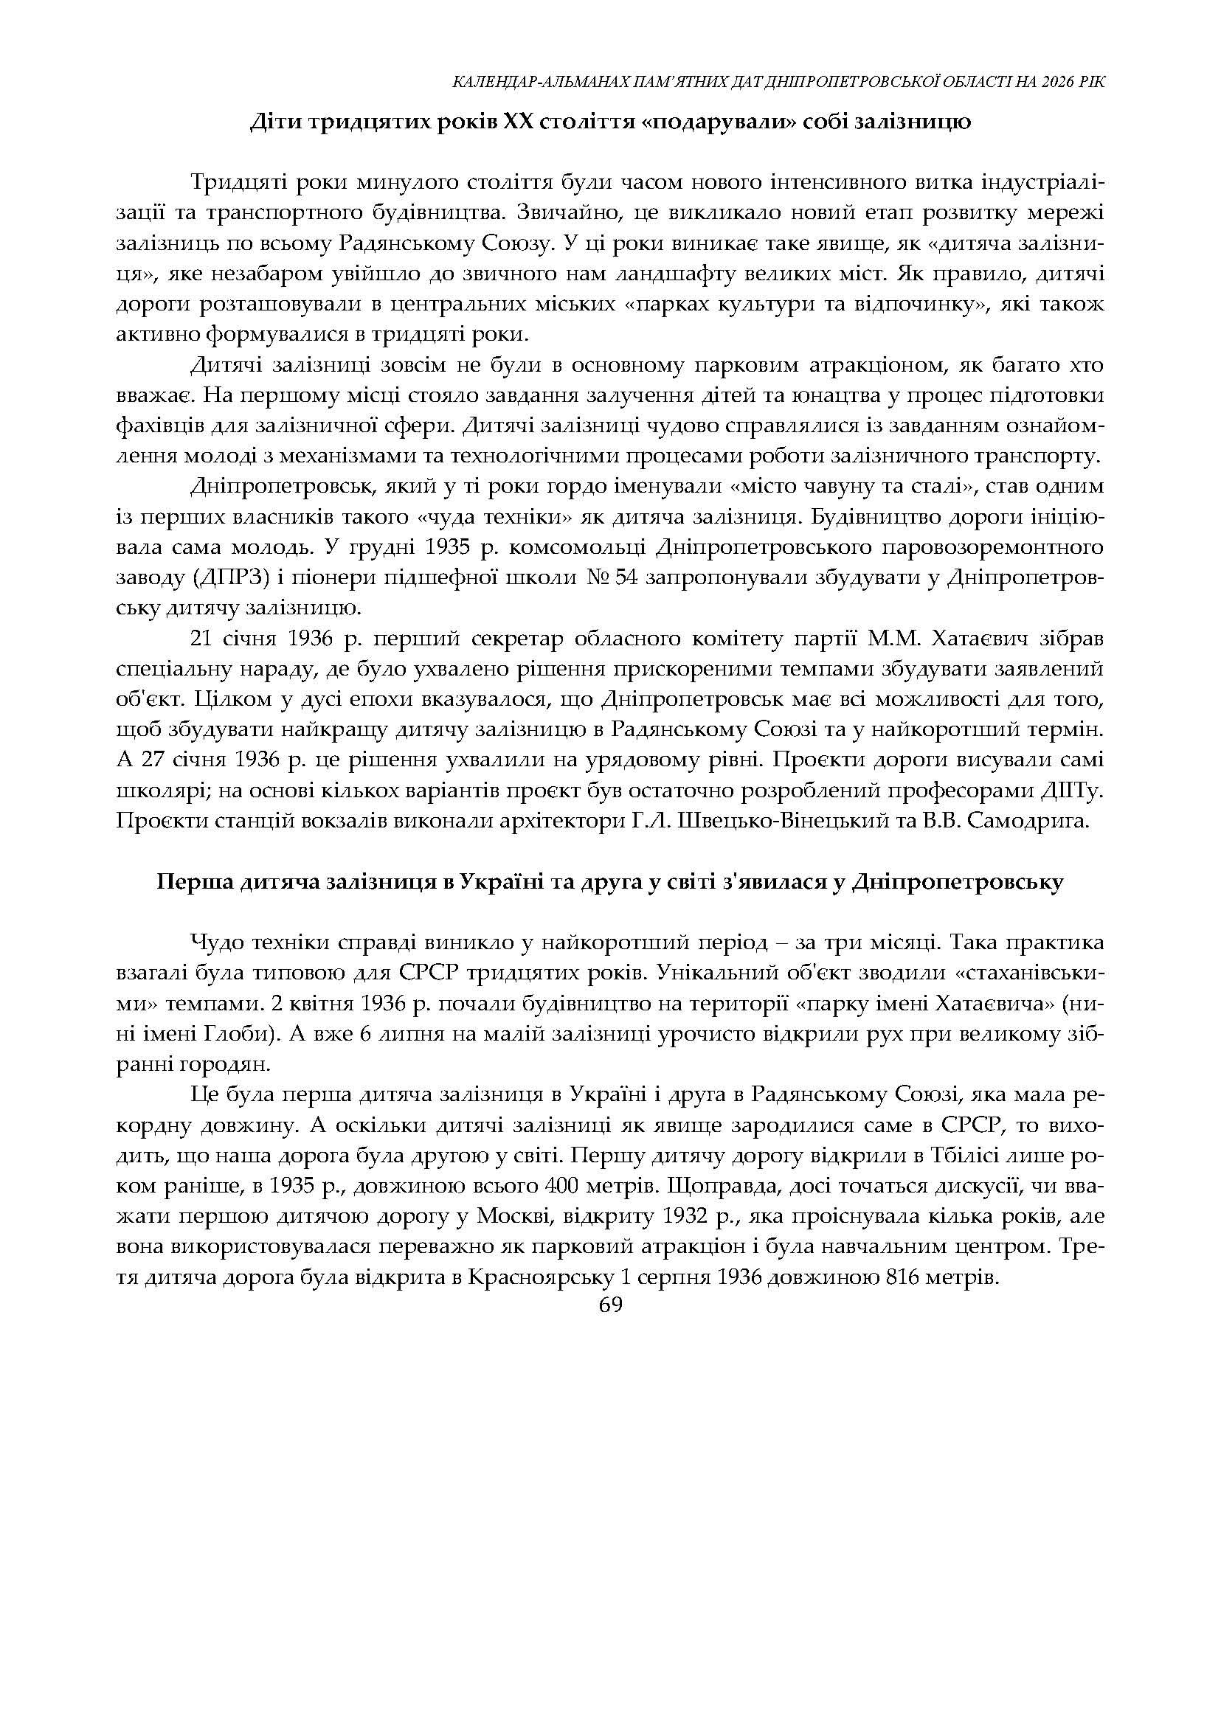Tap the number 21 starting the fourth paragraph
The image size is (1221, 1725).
coord(204,639)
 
